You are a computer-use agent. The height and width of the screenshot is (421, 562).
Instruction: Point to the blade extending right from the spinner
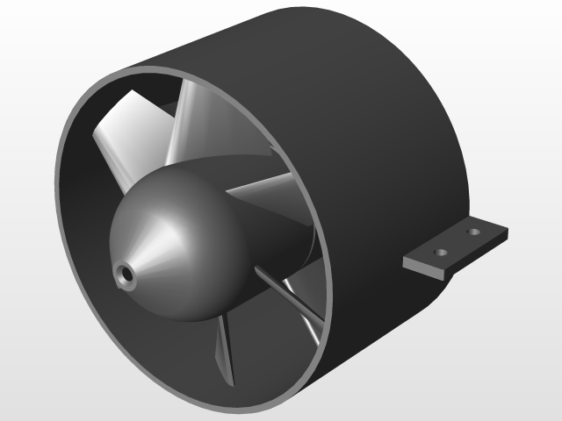pyautogui.click(x=263, y=189)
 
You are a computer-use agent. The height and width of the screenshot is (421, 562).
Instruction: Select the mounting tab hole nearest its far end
pyautogui.click(x=474, y=233)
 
